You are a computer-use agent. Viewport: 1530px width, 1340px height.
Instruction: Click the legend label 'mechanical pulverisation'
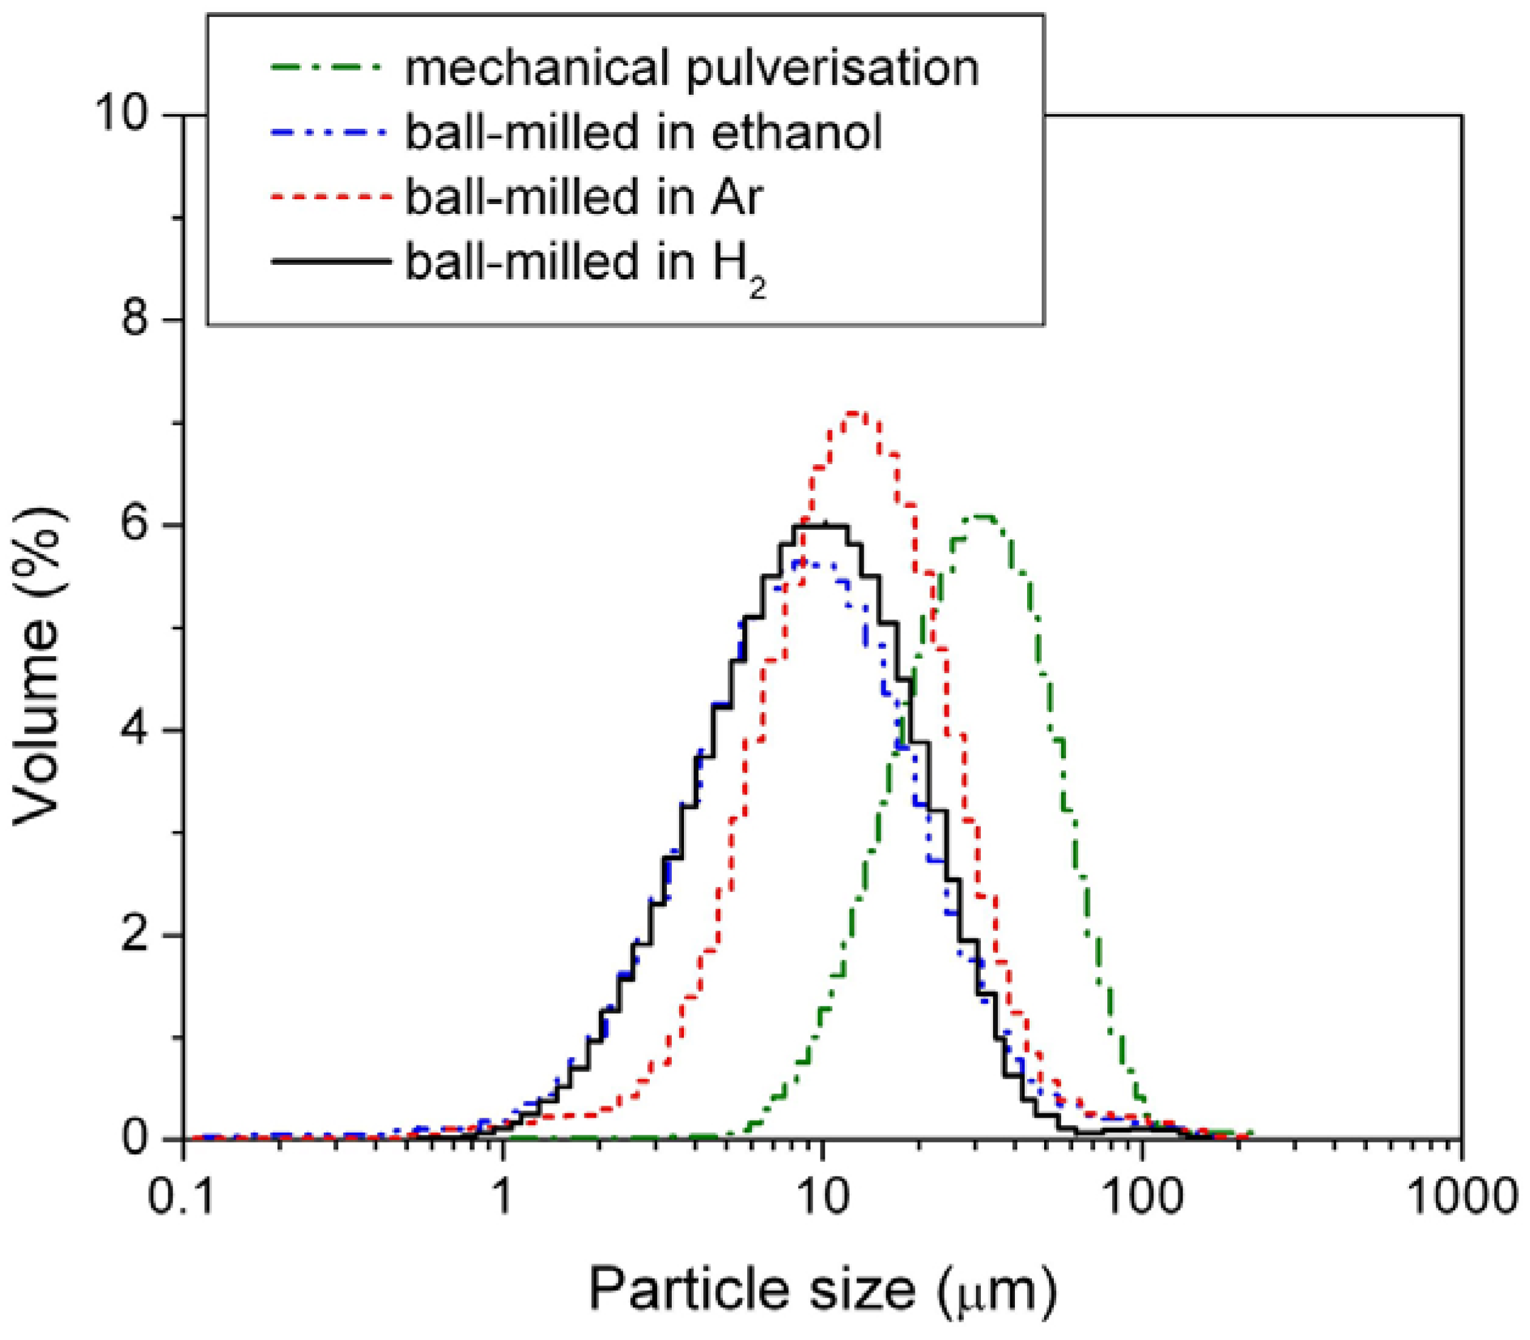(x=692, y=69)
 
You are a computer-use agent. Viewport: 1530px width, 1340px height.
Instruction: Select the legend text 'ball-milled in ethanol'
(x=644, y=133)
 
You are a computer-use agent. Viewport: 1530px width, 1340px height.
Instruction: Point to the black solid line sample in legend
(x=330, y=262)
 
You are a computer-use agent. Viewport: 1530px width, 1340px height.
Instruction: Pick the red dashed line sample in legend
(x=330, y=197)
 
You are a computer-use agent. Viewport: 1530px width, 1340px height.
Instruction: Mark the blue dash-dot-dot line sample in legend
(x=330, y=132)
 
